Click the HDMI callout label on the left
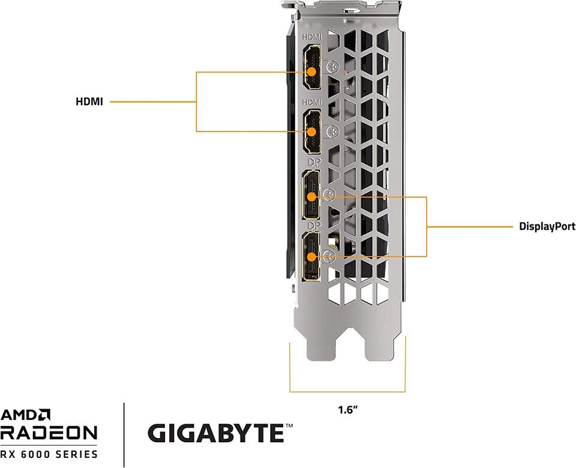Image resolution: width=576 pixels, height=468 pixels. coord(89,102)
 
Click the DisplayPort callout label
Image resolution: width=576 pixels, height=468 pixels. coord(547,227)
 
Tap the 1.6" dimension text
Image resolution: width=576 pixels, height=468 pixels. coord(347,411)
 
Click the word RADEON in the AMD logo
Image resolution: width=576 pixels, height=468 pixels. coord(49,433)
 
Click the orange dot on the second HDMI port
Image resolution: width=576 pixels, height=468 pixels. coord(312,131)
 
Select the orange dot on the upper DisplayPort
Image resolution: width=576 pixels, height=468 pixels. coord(312,196)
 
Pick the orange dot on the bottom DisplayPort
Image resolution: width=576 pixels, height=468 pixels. coord(312,256)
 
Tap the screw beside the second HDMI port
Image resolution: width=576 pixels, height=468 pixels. coord(331,131)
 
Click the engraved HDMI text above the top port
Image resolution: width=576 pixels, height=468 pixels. coord(313,37)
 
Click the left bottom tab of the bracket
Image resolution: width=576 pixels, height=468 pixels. coord(320,348)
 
